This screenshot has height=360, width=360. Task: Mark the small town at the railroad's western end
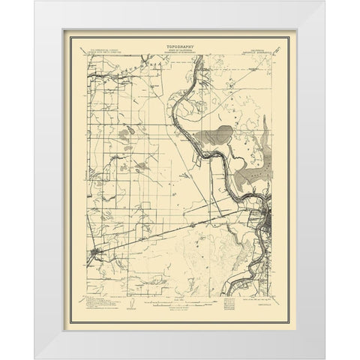(x=95, y=254)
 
